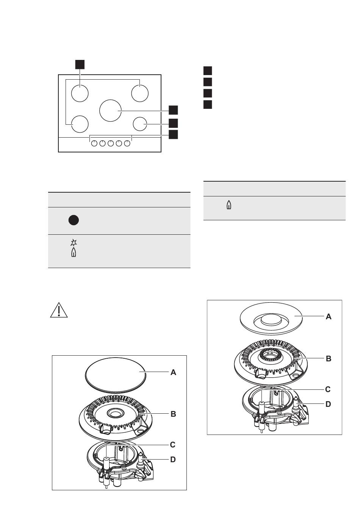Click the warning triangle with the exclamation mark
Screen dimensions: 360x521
point(59,310)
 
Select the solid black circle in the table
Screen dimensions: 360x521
point(74,220)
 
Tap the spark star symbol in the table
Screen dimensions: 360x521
point(74,242)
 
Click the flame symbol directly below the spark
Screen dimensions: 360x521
point(74,252)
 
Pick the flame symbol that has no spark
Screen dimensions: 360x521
point(229,205)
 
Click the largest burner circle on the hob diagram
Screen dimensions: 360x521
point(110,110)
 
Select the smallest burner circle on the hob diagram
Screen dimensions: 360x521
point(140,124)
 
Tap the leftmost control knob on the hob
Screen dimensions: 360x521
point(94,143)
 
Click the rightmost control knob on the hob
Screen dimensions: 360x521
point(127,143)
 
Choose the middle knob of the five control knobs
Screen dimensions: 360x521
point(111,143)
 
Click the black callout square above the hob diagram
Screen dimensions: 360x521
point(80,64)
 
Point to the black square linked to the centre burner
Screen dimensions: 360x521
point(173,110)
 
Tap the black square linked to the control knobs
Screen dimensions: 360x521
point(173,135)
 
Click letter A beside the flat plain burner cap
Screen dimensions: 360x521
point(174,372)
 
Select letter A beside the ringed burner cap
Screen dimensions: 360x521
point(329,317)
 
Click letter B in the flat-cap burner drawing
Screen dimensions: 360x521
point(174,414)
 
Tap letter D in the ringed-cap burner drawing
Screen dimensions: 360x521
point(328,404)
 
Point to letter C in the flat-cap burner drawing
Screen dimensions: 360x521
point(172,444)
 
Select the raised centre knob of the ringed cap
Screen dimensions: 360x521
point(271,320)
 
